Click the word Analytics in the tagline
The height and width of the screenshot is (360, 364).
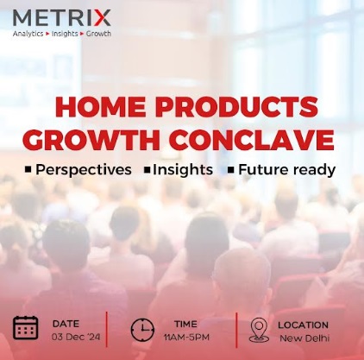29,34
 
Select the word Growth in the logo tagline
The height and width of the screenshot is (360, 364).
97,34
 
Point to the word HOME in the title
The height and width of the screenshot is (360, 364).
89,108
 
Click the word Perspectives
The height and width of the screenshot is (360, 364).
84,169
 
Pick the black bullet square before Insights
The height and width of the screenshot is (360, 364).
147,170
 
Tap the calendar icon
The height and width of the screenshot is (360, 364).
25,328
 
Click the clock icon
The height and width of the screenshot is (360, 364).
142,329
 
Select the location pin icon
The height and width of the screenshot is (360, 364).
258,330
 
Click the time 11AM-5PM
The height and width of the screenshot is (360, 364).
185,335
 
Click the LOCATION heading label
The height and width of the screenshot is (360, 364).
303,324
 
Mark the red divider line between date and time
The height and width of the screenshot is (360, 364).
107,329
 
